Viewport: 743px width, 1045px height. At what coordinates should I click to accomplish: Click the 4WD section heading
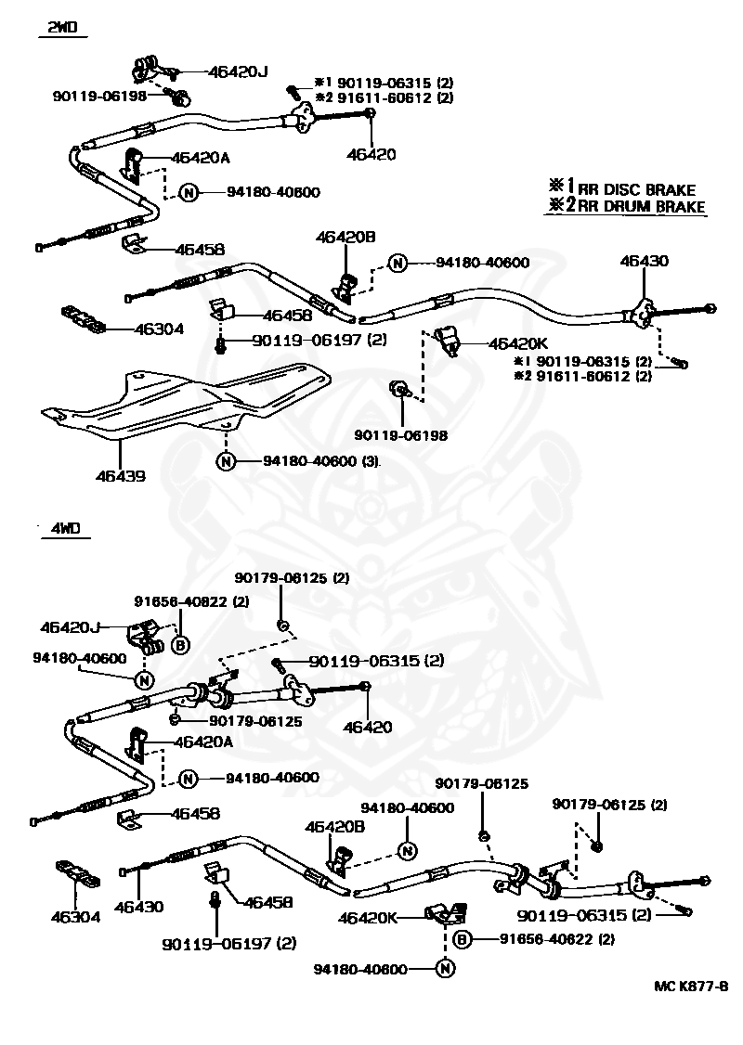click(65, 528)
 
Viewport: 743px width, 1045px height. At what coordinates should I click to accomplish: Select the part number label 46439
click(120, 476)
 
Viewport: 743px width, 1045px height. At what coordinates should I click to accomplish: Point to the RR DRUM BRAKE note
click(626, 205)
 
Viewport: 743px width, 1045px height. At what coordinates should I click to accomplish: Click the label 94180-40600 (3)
click(320, 460)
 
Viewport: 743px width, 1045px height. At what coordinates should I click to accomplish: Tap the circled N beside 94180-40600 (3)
click(226, 460)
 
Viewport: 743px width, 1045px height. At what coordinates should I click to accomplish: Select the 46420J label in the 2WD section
click(238, 71)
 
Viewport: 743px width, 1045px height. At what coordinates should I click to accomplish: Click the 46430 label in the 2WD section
click(645, 261)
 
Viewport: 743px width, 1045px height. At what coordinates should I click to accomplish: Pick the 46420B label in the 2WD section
click(346, 237)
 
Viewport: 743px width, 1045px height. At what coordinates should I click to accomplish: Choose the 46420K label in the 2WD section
click(518, 344)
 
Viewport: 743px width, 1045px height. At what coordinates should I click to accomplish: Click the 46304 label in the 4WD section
click(75, 916)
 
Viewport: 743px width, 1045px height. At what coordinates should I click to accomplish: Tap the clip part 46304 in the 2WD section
click(84, 318)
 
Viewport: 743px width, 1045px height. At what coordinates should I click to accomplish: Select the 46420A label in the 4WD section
click(203, 742)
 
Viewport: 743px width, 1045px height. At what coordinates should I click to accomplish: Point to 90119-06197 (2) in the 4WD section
click(228, 943)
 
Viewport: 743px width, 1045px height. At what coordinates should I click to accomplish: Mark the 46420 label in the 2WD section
click(371, 154)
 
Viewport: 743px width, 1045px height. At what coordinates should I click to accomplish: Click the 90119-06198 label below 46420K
click(401, 435)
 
